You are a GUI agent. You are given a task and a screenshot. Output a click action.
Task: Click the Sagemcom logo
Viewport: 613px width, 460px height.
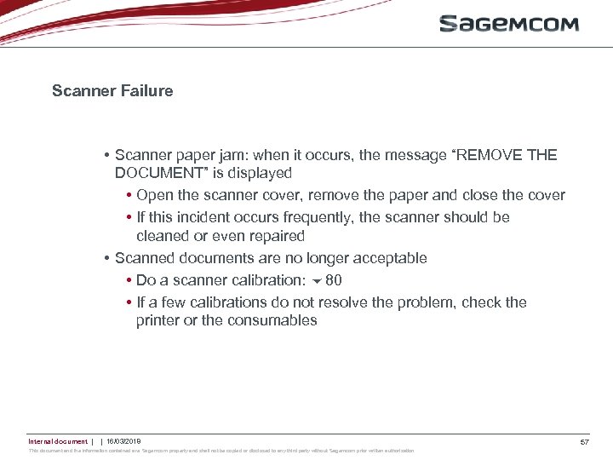[x=508, y=24]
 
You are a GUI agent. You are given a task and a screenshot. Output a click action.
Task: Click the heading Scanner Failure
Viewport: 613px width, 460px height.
[x=112, y=90]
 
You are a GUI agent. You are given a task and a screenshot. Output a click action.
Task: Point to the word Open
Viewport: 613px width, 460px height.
[x=153, y=195]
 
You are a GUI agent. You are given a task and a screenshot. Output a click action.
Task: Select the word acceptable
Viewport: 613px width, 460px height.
[x=386, y=258]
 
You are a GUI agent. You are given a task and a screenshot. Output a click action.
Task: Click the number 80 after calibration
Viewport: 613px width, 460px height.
[x=334, y=280]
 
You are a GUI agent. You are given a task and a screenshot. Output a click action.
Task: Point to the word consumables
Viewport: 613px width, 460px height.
[x=272, y=321]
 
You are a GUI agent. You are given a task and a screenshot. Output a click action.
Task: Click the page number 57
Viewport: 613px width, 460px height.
[x=585, y=442]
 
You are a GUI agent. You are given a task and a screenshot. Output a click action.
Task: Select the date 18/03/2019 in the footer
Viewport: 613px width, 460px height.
[x=123, y=441]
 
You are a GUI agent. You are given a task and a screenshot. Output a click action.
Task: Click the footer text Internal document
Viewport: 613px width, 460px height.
[x=57, y=441]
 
